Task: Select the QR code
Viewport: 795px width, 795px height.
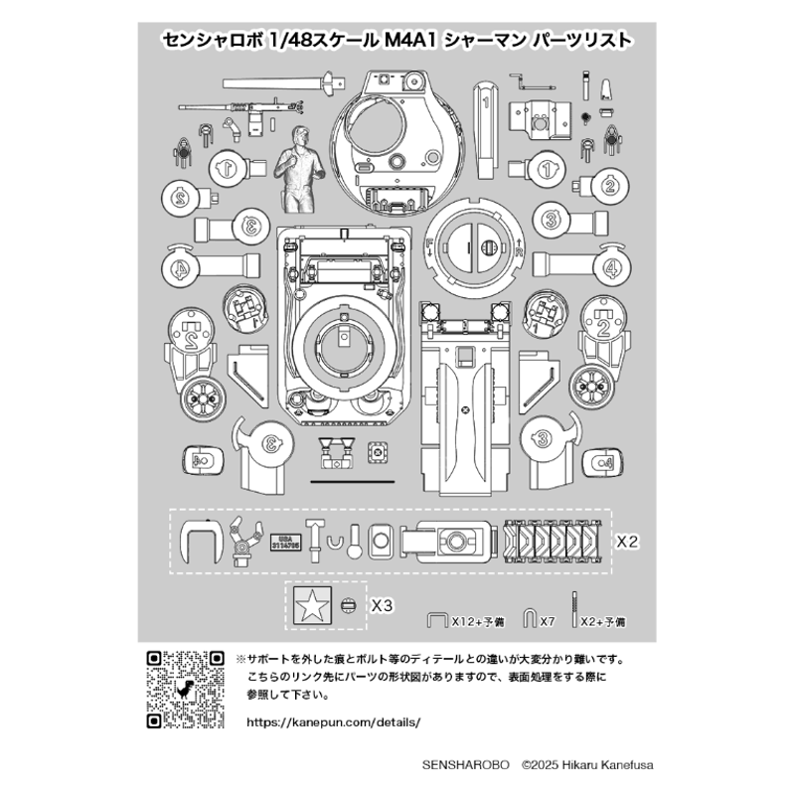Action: coord(184,688)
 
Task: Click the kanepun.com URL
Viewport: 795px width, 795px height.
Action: coord(325,722)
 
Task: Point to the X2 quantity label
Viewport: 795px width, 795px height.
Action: coord(626,542)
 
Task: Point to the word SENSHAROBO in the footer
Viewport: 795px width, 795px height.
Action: coord(466,765)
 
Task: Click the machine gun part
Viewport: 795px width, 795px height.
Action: coord(238,103)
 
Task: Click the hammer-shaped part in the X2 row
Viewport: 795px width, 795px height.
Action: coord(314,537)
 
